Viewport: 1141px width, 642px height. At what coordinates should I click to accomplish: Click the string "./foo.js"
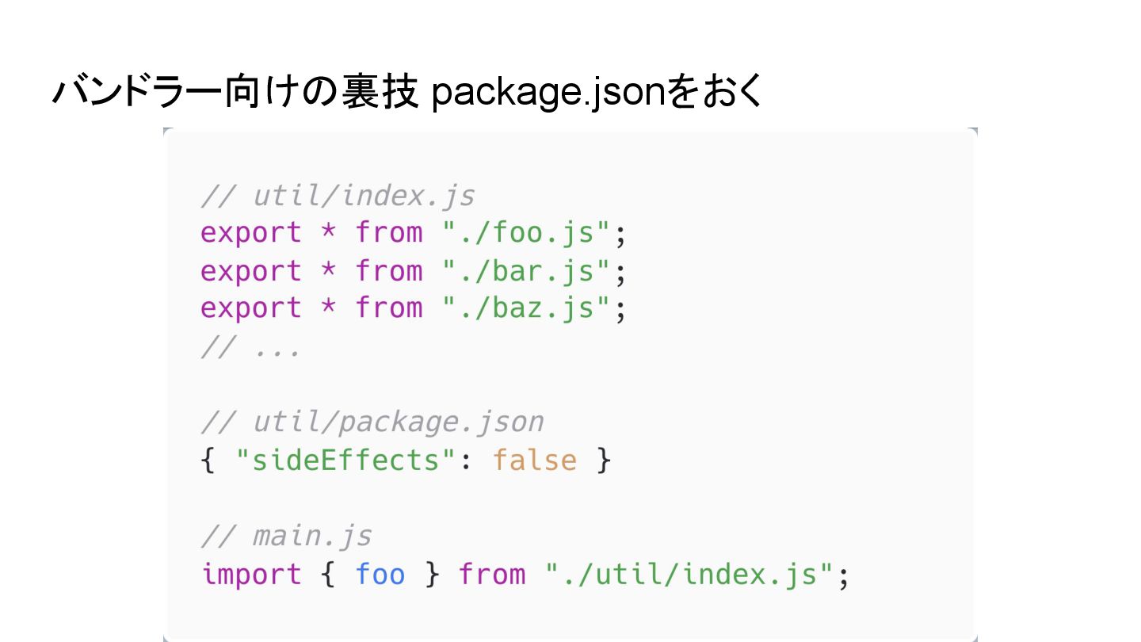pyautogui.click(x=527, y=232)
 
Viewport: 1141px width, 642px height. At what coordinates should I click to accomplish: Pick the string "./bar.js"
pyautogui.click(x=527, y=270)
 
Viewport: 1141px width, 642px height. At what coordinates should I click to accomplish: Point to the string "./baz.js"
pyautogui.click(x=527, y=308)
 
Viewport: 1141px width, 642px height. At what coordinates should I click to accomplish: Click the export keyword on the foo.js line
pyautogui.click(x=250, y=232)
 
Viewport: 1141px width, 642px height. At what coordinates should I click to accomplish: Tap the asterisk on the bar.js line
pyautogui.click(x=328, y=270)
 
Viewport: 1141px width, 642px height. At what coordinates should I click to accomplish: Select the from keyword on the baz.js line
pyautogui.click(x=389, y=308)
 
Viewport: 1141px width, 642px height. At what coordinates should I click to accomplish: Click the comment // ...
pyautogui.click(x=250, y=347)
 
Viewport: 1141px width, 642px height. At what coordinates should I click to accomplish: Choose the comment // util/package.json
pyautogui.click(x=372, y=422)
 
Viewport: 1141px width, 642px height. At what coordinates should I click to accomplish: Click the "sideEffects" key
pyautogui.click(x=347, y=460)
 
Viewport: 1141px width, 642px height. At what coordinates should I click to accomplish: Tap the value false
pyautogui.click(x=535, y=460)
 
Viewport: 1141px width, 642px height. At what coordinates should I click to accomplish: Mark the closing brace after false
pyautogui.click(x=604, y=460)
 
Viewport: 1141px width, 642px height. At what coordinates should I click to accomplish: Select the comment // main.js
pyautogui.click(x=286, y=536)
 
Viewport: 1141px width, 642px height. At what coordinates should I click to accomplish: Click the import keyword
pyautogui.click(x=250, y=574)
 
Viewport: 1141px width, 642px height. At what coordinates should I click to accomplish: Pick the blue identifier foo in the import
pyautogui.click(x=380, y=574)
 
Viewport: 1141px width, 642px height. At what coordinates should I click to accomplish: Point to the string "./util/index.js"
pyautogui.click(x=691, y=574)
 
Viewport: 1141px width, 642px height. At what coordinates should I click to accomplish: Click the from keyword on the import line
pyautogui.click(x=492, y=574)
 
